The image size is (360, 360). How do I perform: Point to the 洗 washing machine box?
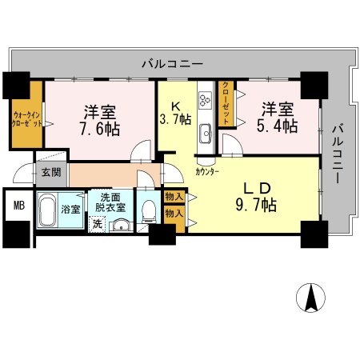click(97, 224)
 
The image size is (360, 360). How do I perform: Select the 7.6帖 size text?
click(99, 128)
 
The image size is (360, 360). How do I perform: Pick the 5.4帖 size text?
click(278, 126)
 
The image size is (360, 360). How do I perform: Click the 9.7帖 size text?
click(256, 206)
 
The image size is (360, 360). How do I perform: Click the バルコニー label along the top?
click(172, 62)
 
